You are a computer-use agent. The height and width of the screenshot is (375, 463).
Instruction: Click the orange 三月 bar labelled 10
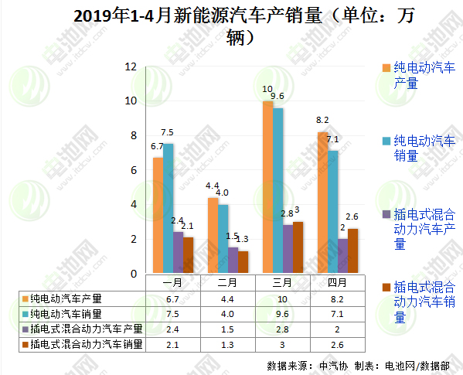[267, 188]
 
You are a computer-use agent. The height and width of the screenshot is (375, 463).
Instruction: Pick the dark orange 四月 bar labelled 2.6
[353, 251]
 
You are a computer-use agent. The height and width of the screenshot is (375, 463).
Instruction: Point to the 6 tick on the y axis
[133, 170]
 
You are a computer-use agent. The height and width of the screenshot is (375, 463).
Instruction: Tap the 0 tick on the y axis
[133, 274]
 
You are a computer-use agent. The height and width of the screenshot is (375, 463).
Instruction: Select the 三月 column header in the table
[283, 283]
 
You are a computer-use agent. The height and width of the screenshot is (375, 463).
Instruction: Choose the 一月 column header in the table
[173, 283]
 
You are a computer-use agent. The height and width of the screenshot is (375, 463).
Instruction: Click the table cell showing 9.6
[283, 313]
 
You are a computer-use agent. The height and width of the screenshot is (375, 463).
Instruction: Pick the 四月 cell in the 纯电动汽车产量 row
[337, 298]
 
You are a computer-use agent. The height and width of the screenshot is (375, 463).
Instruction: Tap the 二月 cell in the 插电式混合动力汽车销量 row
[228, 344]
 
